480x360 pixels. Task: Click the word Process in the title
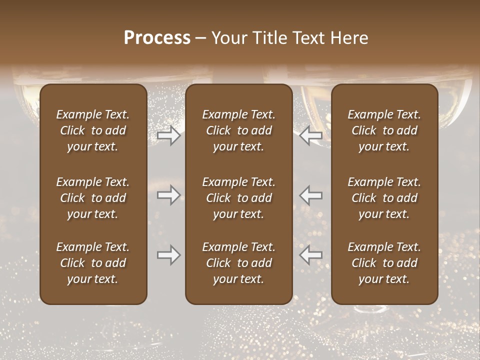point(157,38)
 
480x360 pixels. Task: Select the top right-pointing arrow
point(168,135)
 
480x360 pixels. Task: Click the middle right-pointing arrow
point(168,195)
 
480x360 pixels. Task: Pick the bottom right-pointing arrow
point(168,255)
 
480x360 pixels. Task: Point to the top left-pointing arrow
point(311,135)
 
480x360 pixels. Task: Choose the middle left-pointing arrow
point(311,195)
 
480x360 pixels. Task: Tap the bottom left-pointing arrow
point(311,255)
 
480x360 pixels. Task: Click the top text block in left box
point(93,130)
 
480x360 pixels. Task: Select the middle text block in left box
point(93,198)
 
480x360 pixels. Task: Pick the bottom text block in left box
point(93,263)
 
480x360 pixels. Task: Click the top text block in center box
point(238,130)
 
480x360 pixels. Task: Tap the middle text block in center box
point(238,198)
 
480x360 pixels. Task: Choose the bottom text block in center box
point(238,263)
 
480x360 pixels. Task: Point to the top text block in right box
point(384,130)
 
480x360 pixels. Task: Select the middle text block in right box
point(384,198)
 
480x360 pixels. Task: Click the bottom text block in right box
point(384,263)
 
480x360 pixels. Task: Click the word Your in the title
point(228,38)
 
